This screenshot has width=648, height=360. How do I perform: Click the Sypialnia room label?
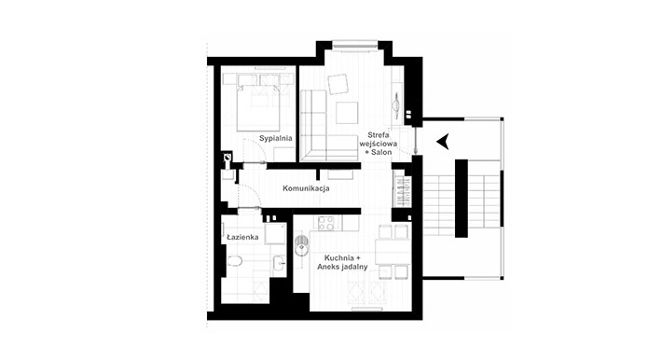tap(276, 138)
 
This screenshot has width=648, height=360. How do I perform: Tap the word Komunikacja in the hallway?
tap(306, 188)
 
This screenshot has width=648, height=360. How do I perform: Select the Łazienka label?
tap(242, 237)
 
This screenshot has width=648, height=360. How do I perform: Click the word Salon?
tap(382, 153)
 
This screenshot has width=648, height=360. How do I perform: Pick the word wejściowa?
tap(379, 144)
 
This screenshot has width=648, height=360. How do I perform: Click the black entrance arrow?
tap(443, 142)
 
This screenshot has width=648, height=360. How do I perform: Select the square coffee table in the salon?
tap(347, 113)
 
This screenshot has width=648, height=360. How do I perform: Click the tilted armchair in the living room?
tap(338, 84)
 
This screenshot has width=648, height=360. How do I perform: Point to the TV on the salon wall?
tap(396, 102)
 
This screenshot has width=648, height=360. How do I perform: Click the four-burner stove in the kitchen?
tap(326, 223)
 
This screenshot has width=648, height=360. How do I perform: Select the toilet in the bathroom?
tap(235, 261)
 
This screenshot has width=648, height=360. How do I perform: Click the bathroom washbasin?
tap(280, 262)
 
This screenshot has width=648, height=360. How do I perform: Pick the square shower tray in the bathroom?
tap(275, 234)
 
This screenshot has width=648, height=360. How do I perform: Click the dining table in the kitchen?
tap(393, 252)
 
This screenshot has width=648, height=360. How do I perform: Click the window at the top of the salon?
tap(355, 44)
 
